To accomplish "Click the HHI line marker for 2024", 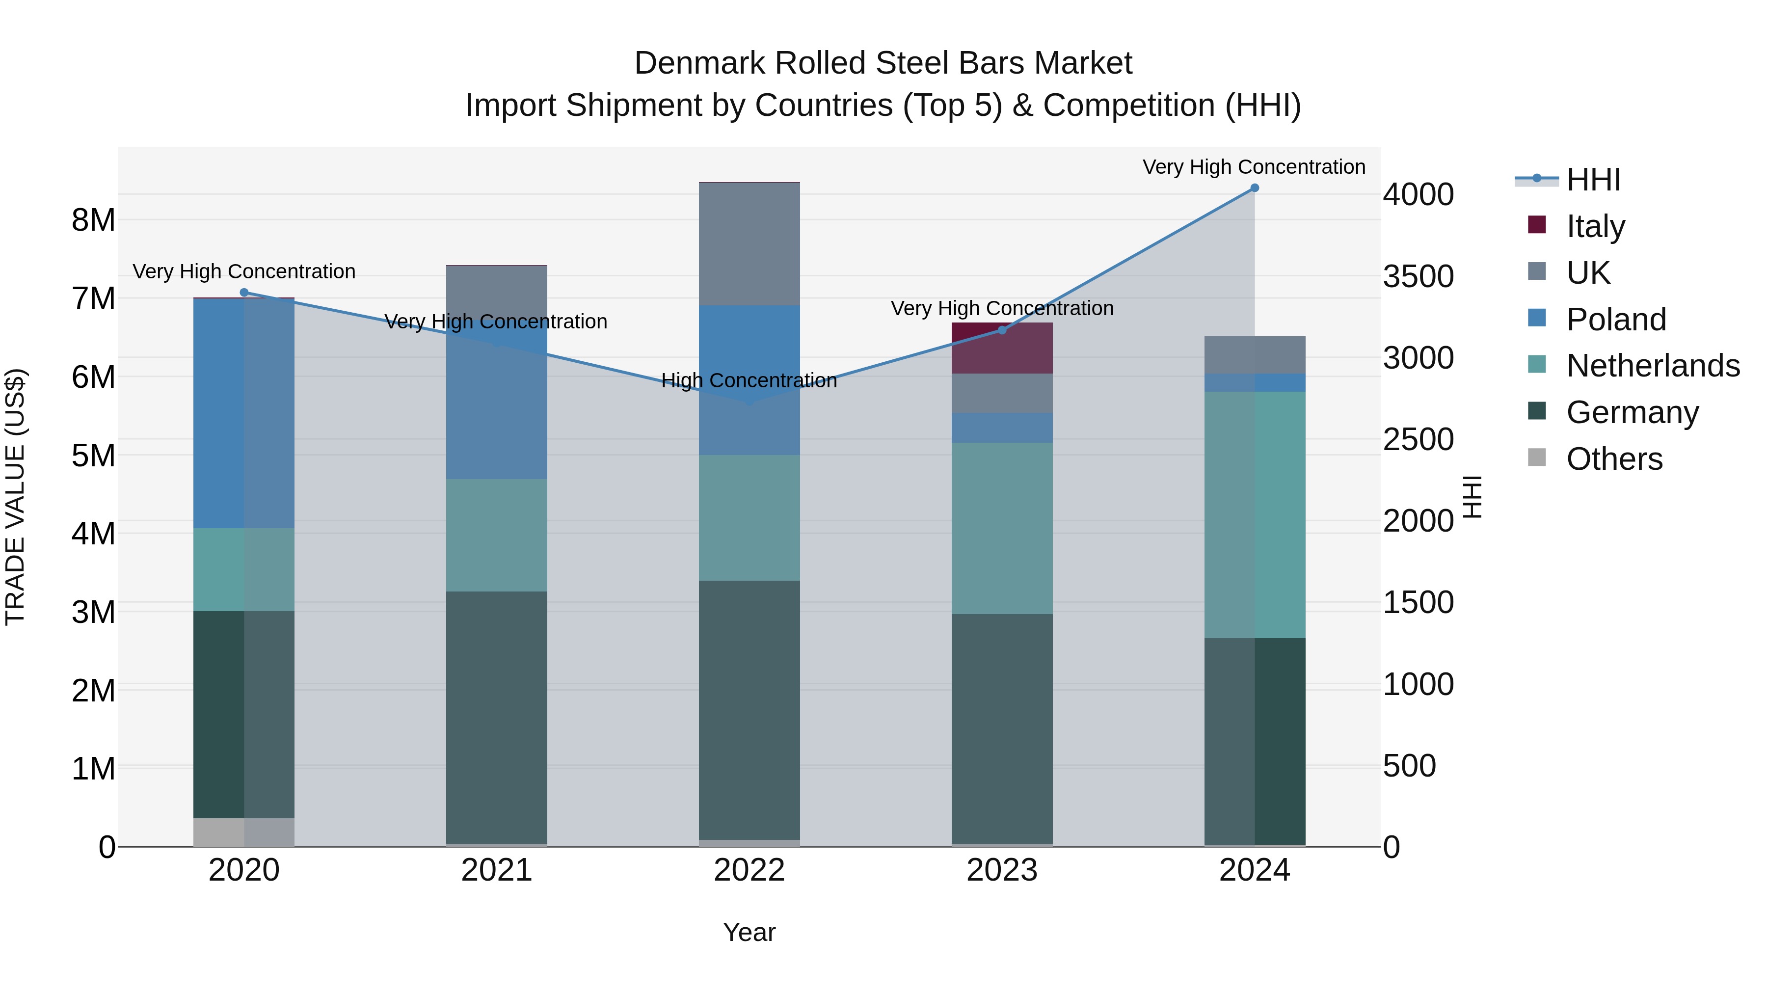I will pyautogui.click(x=1255, y=188).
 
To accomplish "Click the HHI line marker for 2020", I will pyautogui.click(x=244, y=292).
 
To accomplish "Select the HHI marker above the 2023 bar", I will pyautogui.click(x=1001, y=331).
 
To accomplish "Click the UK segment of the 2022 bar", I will pyautogui.click(x=749, y=243).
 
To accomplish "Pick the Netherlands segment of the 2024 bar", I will pyautogui.click(x=1255, y=514).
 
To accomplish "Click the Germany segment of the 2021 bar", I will pyautogui.click(x=497, y=717).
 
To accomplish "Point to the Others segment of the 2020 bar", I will pyautogui.click(x=244, y=832).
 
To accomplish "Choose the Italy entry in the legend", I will pyautogui.click(x=1596, y=226).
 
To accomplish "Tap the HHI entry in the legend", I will pyautogui.click(x=1593, y=180).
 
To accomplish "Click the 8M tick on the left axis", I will pyautogui.click(x=93, y=220).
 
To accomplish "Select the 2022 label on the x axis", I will pyautogui.click(x=749, y=870).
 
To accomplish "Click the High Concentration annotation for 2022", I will pyautogui.click(x=749, y=381).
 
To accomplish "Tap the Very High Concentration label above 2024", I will pyautogui.click(x=1254, y=167).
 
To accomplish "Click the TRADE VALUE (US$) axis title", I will pyautogui.click(x=15, y=497).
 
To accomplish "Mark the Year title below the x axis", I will pyautogui.click(x=749, y=932).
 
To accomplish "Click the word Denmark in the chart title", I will pyautogui.click(x=699, y=63).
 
